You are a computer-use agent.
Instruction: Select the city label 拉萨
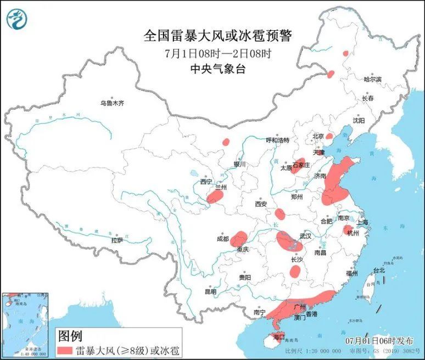tap(117, 240)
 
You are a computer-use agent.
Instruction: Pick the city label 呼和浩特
tap(277, 140)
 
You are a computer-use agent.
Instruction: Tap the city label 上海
tap(362, 222)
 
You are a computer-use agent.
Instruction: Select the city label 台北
tap(379, 270)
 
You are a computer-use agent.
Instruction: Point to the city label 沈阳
tap(359, 120)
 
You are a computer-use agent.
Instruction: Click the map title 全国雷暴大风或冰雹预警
tap(217, 36)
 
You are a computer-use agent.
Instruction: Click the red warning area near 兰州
tap(215, 197)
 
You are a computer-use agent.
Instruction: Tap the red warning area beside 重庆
tap(238, 239)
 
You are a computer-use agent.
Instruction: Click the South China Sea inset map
tap(25, 324)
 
